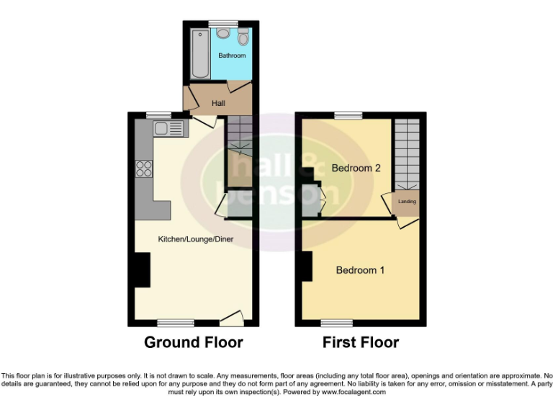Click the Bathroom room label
[232, 55]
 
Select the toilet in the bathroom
[243, 37]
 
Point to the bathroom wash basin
[223, 32]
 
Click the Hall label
[218, 104]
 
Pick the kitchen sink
[169, 129]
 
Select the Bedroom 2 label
[356, 168]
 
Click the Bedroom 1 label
[360, 270]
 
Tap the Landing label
[407, 202]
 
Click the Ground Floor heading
[194, 342]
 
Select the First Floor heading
[360, 342]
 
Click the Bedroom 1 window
[336, 321]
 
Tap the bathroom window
[222, 23]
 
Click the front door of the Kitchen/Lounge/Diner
[232, 317]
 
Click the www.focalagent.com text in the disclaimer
[354, 393]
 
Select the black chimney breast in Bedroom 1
[307, 267]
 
